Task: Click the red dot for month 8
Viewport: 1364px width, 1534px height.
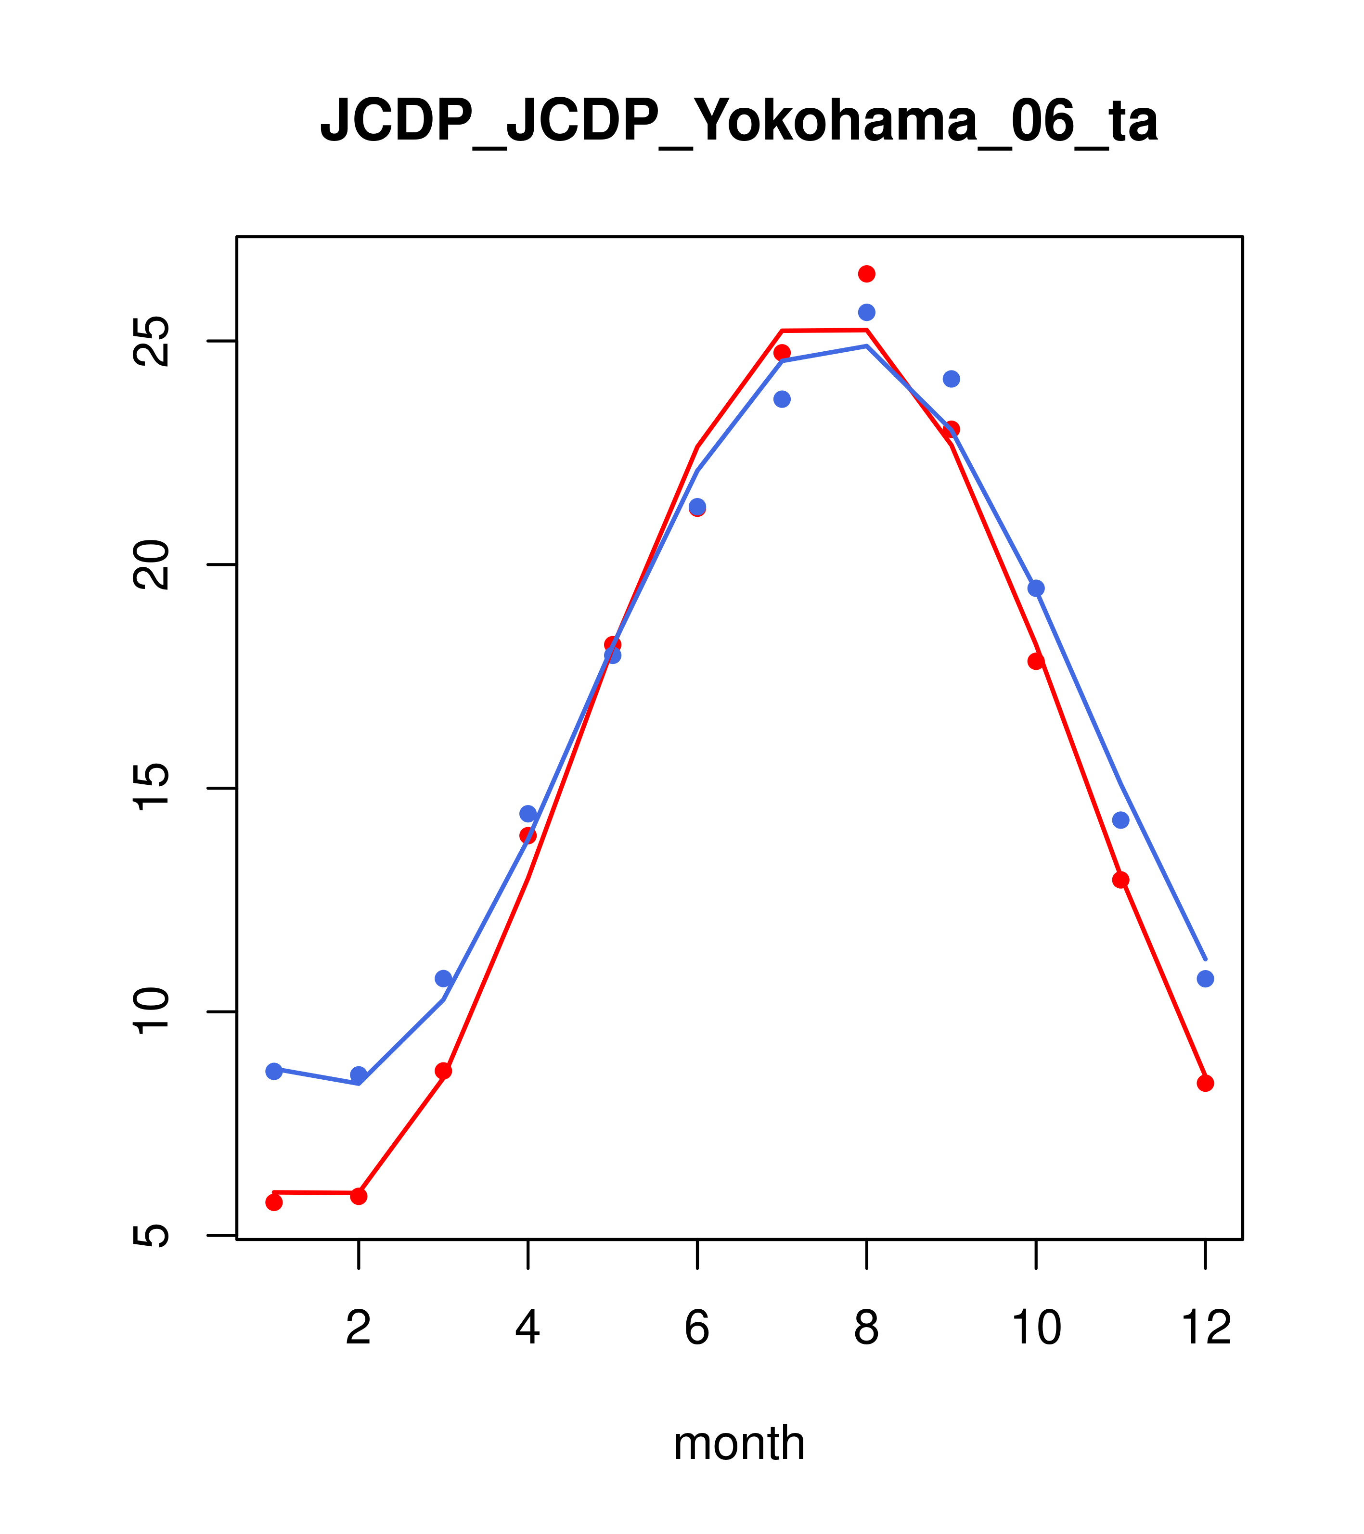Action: (866, 274)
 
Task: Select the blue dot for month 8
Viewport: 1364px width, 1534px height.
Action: (866, 312)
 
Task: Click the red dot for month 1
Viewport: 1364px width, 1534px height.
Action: (274, 1202)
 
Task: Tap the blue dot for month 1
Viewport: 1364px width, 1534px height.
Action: (274, 1071)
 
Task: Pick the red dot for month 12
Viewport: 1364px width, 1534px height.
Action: (1206, 1083)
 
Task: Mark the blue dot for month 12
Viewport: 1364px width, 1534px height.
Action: (1206, 979)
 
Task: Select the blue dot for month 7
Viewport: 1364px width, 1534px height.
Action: (782, 399)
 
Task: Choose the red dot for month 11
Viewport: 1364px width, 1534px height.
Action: (1121, 880)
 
